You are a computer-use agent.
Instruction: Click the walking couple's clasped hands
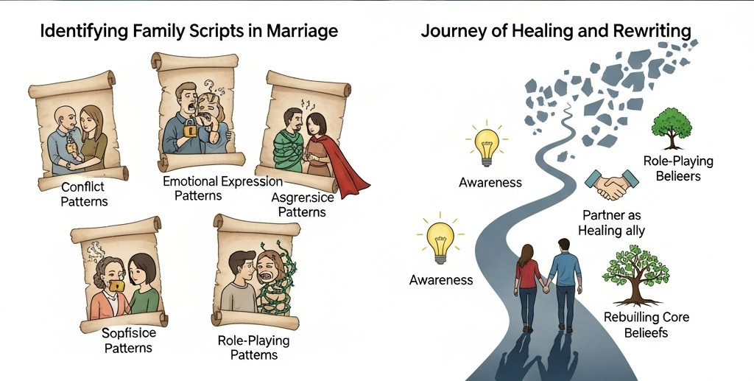(546, 288)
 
